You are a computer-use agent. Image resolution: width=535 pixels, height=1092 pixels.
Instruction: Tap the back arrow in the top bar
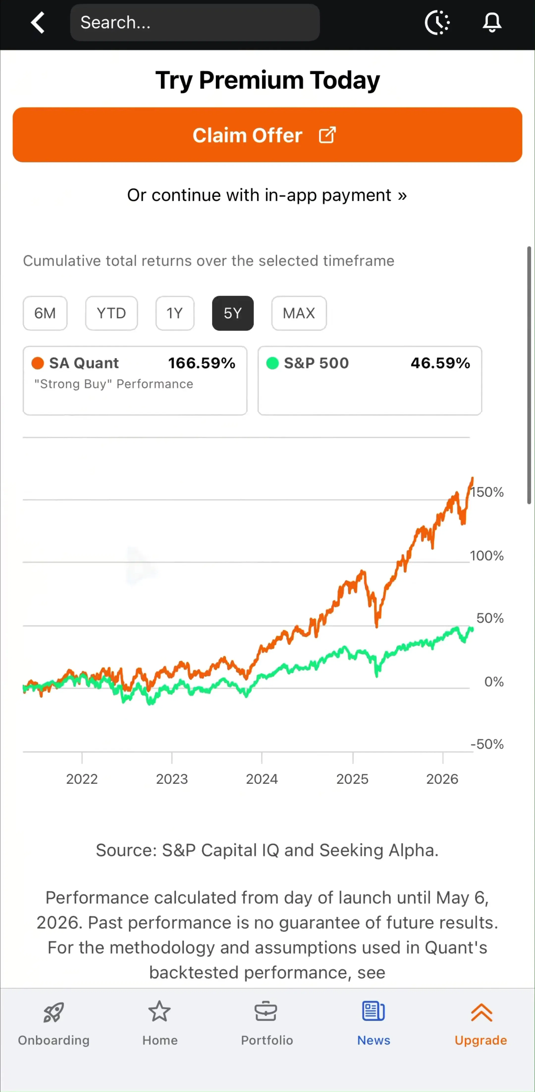coord(38,23)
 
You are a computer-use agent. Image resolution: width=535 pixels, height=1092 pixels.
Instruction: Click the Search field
coord(195,23)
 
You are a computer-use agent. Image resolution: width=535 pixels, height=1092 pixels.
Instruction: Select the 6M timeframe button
coord(45,313)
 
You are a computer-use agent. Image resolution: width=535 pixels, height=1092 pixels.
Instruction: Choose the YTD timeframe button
coord(111,313)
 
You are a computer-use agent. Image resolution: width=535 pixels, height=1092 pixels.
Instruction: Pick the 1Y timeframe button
coord(175,313)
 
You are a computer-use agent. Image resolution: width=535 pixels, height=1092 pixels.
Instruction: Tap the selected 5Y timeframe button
coord(233,313)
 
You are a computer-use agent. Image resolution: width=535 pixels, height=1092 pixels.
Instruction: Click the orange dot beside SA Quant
coord(38,363)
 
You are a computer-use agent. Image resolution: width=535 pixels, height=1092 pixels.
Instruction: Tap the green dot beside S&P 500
coord(272,363)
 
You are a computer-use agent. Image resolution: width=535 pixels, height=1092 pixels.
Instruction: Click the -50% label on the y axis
coord(487,744)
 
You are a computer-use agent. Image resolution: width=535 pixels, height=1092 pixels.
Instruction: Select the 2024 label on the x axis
coord(262,779)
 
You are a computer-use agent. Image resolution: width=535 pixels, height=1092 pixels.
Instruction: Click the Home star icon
coord(160,1012)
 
